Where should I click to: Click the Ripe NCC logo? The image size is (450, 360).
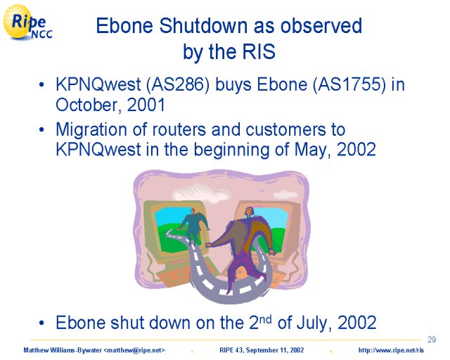click(27, 22)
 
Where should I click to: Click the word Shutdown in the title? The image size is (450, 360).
click(204, 26)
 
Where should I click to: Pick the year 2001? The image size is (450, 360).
click(146, 105)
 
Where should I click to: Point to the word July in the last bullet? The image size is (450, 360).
click(313, 323)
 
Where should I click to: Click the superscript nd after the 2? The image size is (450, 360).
click(266, 319)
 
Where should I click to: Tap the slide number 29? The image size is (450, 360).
click(432, 340)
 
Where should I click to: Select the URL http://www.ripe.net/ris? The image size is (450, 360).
click(391, 350)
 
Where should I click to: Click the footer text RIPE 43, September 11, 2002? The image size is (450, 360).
click(262, 350)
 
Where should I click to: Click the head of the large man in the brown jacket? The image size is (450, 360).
click(249, 212)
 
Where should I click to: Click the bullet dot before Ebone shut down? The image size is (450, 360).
click(42, 323)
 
